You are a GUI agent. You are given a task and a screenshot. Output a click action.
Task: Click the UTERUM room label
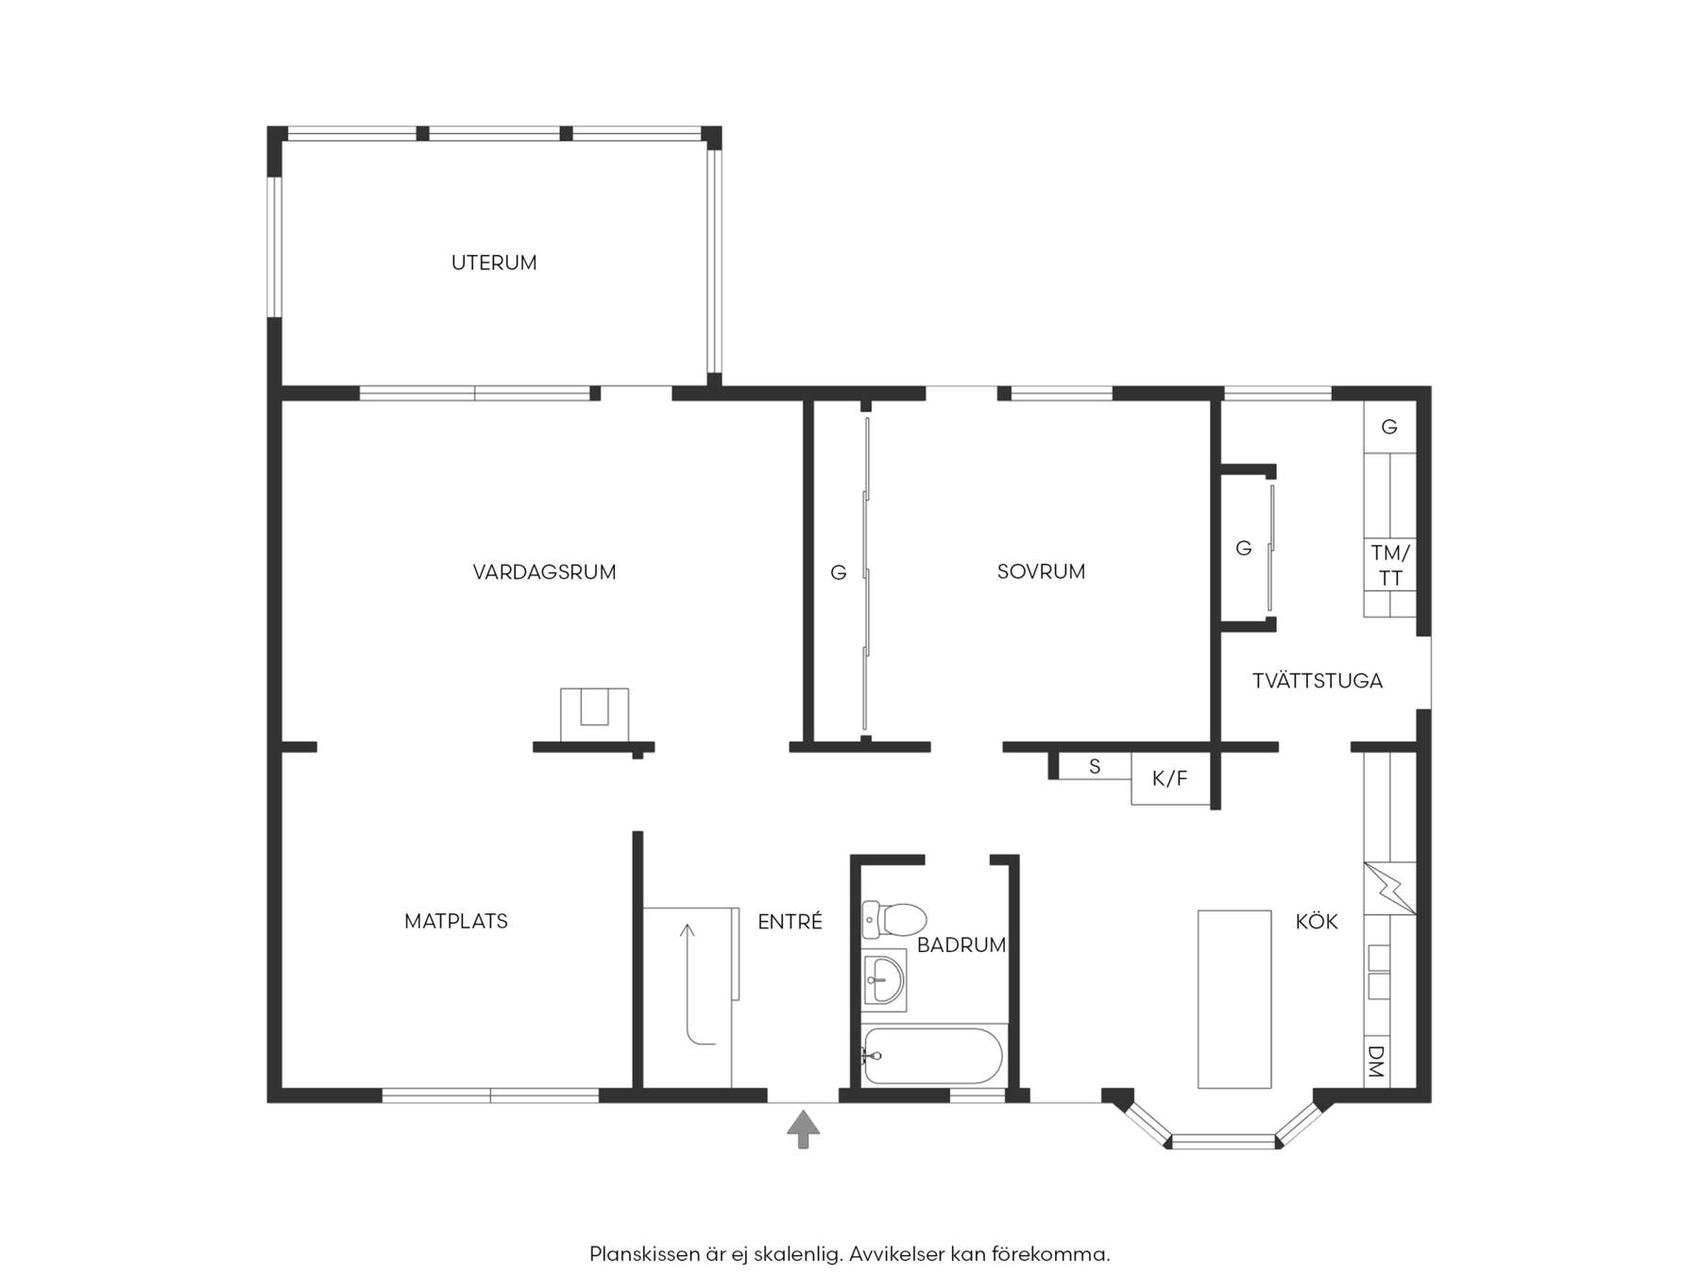click(494, 263)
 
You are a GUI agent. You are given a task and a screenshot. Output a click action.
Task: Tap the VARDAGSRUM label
click(544, 571)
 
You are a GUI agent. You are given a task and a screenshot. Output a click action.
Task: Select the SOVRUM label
click(1041, 571)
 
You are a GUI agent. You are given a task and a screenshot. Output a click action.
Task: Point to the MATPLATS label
click(456, 921)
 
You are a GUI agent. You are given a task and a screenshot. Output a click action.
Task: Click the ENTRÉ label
click(790, 921)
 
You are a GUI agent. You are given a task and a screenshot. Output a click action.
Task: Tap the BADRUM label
click(961, 944)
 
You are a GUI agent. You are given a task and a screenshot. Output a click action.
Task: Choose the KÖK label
click(1317, 921)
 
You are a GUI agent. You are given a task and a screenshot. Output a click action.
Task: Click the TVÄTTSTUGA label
click(1317, 680)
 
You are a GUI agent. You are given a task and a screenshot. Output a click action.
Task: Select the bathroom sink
click(883, 979)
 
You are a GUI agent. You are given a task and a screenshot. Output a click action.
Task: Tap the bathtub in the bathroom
click(933, 1056)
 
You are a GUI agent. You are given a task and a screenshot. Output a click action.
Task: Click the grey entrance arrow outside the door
click(803, 1130)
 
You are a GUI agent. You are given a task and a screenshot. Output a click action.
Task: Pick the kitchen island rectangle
click(1234, 999)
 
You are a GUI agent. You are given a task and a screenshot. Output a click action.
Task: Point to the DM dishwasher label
click(1376, 1062)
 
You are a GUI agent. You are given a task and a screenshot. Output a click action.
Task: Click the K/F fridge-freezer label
click(1169, 779)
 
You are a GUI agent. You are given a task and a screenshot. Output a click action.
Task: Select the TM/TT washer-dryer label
click(1390, 565)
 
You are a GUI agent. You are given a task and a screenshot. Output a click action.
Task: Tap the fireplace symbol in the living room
click(594, 715)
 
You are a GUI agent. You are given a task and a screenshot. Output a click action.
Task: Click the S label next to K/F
click(1095, 766)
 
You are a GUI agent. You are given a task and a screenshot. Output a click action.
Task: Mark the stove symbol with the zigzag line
click(1389, 889)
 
